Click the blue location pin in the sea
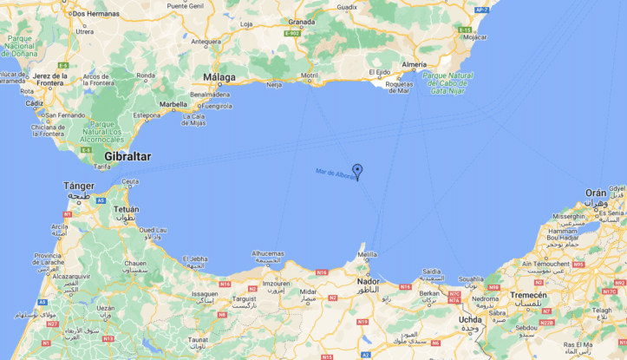coord(357,171)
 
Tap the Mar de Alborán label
coord(336,173)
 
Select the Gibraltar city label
coord(127,156)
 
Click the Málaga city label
coord(219,77)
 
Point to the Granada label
coord(302,22)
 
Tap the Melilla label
coord(369,254)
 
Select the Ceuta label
coord(130,181)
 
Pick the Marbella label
coord(173,104)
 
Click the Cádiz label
coord(36,103)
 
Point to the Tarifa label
coord(102,166)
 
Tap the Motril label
coord(310,75)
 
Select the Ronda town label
coord(145,75)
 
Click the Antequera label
coord(206,41)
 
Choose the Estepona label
coord(147,115)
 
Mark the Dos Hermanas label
coord(95,14)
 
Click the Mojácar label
coord(474,37)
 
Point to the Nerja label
coord(274,85)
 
